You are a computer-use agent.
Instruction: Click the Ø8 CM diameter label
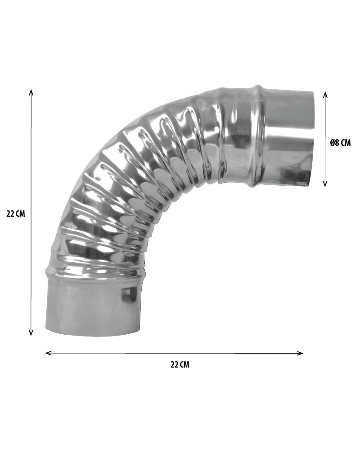click(x=340, y=143)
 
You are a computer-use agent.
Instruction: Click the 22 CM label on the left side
click(x=16, y=214)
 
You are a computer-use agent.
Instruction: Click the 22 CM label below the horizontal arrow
click(x=180, y=364)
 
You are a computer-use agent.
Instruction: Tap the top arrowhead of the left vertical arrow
click(x=31, y=92)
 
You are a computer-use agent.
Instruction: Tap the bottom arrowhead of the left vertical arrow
click(x=31, y=333)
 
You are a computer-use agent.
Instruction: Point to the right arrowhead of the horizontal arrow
click(x=300, y=353)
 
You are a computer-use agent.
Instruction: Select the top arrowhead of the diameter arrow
click(x=325, y=95)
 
